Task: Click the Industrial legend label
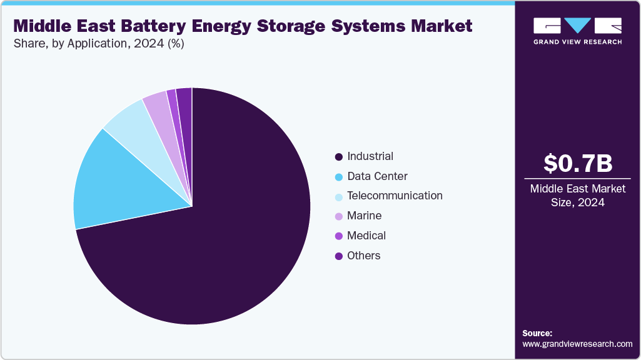point(370,156)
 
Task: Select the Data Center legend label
point(377,176)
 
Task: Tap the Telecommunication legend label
point(395,196)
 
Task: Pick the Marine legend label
point(364,216)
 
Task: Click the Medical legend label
point(366,236)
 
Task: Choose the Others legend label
point(363,256)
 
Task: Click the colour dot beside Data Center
point(339,177)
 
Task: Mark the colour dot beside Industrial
point(339,157)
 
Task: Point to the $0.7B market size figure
point(577,163)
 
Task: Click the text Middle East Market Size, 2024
point(577,196)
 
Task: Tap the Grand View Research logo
point(577,31)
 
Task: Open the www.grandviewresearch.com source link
point(577,344)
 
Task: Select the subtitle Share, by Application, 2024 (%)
point(99,44)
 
